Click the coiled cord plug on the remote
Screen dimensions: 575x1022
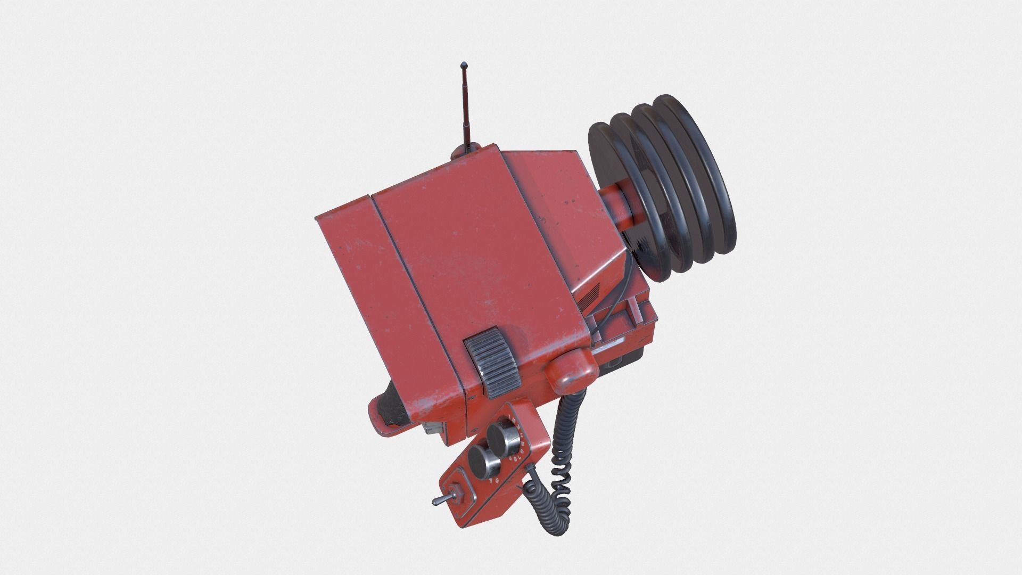tap(531, 472)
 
